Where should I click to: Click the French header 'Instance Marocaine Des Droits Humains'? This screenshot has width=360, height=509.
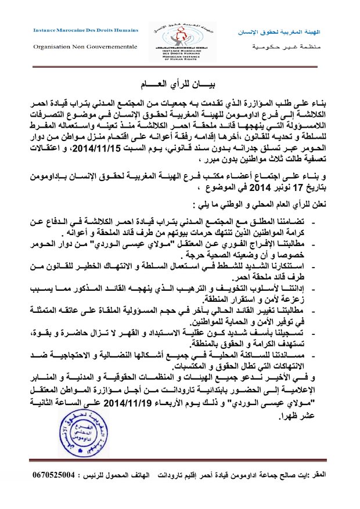pyautogui.click(x=86, y=30)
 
